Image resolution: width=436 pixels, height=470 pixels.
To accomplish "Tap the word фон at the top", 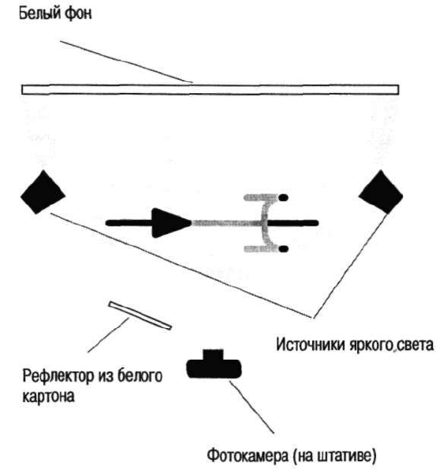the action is click(x=78, y=13).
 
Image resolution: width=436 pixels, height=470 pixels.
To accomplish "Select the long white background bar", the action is click(x=210, y=90).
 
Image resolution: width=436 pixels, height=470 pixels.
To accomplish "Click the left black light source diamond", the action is click(x=43, y=192).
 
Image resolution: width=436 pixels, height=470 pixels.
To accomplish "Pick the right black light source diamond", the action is click(x=381, y=192).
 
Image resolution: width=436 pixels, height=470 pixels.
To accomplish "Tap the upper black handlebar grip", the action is click(x=283, y=197).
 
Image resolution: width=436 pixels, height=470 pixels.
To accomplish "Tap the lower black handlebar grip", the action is click(x=283, y=248).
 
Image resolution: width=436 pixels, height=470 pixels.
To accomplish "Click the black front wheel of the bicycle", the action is click(x=293, y=223).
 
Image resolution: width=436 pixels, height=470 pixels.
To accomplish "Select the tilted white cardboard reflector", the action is click(x=140, y=315).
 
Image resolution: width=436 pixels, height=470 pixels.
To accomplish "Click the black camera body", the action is click(x=214, y=368).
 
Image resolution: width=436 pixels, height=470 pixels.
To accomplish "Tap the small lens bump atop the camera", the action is click(x=213, y=354).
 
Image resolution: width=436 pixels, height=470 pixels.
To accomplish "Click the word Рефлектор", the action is click(x=58, y=376).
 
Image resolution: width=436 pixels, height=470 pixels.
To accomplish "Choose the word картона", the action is click(x=49, y=397).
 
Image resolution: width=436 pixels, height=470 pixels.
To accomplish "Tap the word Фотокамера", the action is click(x=248, y=455).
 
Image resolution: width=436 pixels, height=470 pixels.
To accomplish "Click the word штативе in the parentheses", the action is click(x=345, y=456).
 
